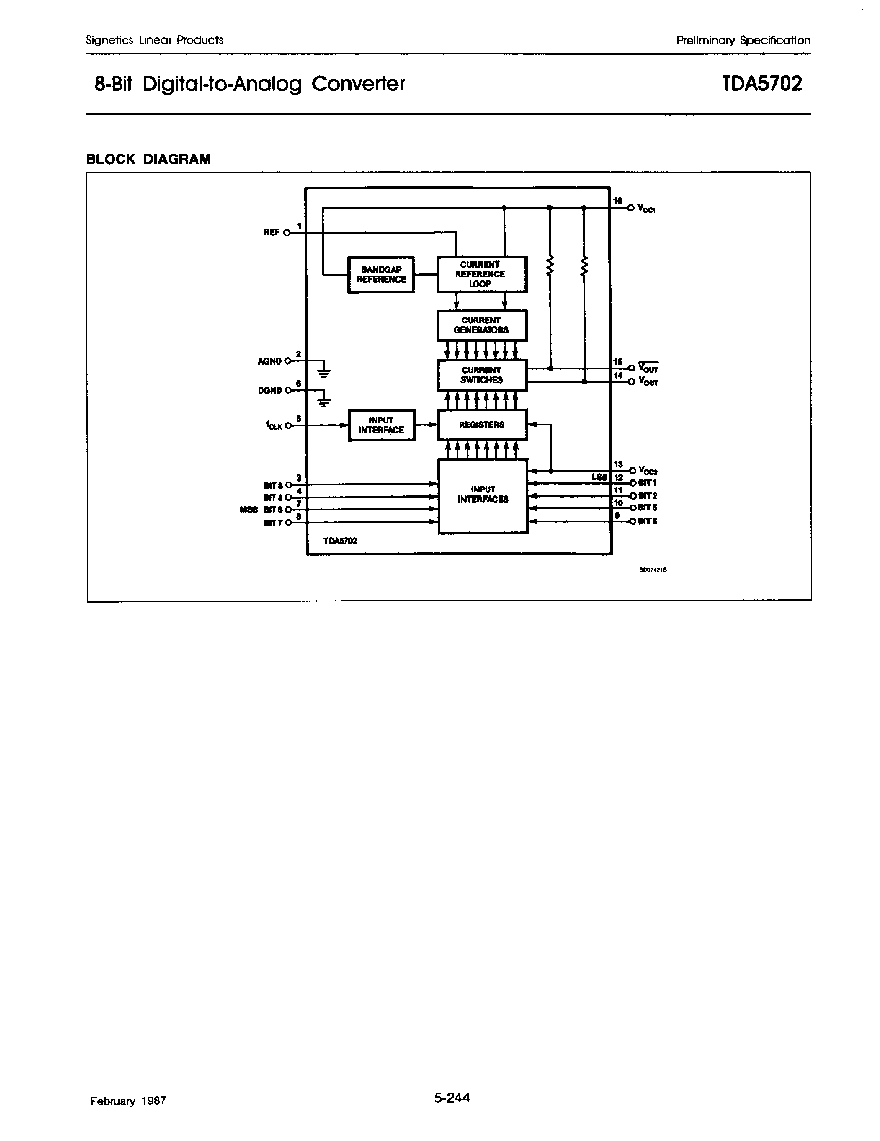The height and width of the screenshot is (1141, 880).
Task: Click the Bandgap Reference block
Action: [x=381, y=274]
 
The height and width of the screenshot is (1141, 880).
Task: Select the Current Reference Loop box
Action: [x=481, y=274]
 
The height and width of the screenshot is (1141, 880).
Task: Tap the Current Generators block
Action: [x=481, y=325]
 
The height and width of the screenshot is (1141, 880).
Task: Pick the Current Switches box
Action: [x=481, y=375]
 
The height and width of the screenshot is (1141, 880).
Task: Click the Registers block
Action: [x=481, y=425]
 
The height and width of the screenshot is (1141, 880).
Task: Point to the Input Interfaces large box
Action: [x=483, y=496]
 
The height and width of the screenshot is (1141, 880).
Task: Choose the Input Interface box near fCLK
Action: [x=381, y=425]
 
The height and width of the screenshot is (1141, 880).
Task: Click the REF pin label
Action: [x=271, y=233]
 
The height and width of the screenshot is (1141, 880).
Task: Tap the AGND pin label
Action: [x=270, y=361]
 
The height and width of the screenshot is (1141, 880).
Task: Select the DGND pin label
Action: [x=270, y=391]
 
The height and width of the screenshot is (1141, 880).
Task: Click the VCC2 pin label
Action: [x=647, y=470]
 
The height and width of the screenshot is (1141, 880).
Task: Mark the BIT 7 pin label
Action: [x=273, y=523]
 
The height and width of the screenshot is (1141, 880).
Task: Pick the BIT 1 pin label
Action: [x=647, y=483]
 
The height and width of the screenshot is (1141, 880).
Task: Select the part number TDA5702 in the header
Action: [x=762, y=84]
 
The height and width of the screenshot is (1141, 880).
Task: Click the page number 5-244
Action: [x=451, y=1098]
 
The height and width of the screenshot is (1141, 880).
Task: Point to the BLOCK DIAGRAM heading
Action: [x=148, y=159]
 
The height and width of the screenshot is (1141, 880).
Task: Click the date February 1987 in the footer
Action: [x=128, y=1101]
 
